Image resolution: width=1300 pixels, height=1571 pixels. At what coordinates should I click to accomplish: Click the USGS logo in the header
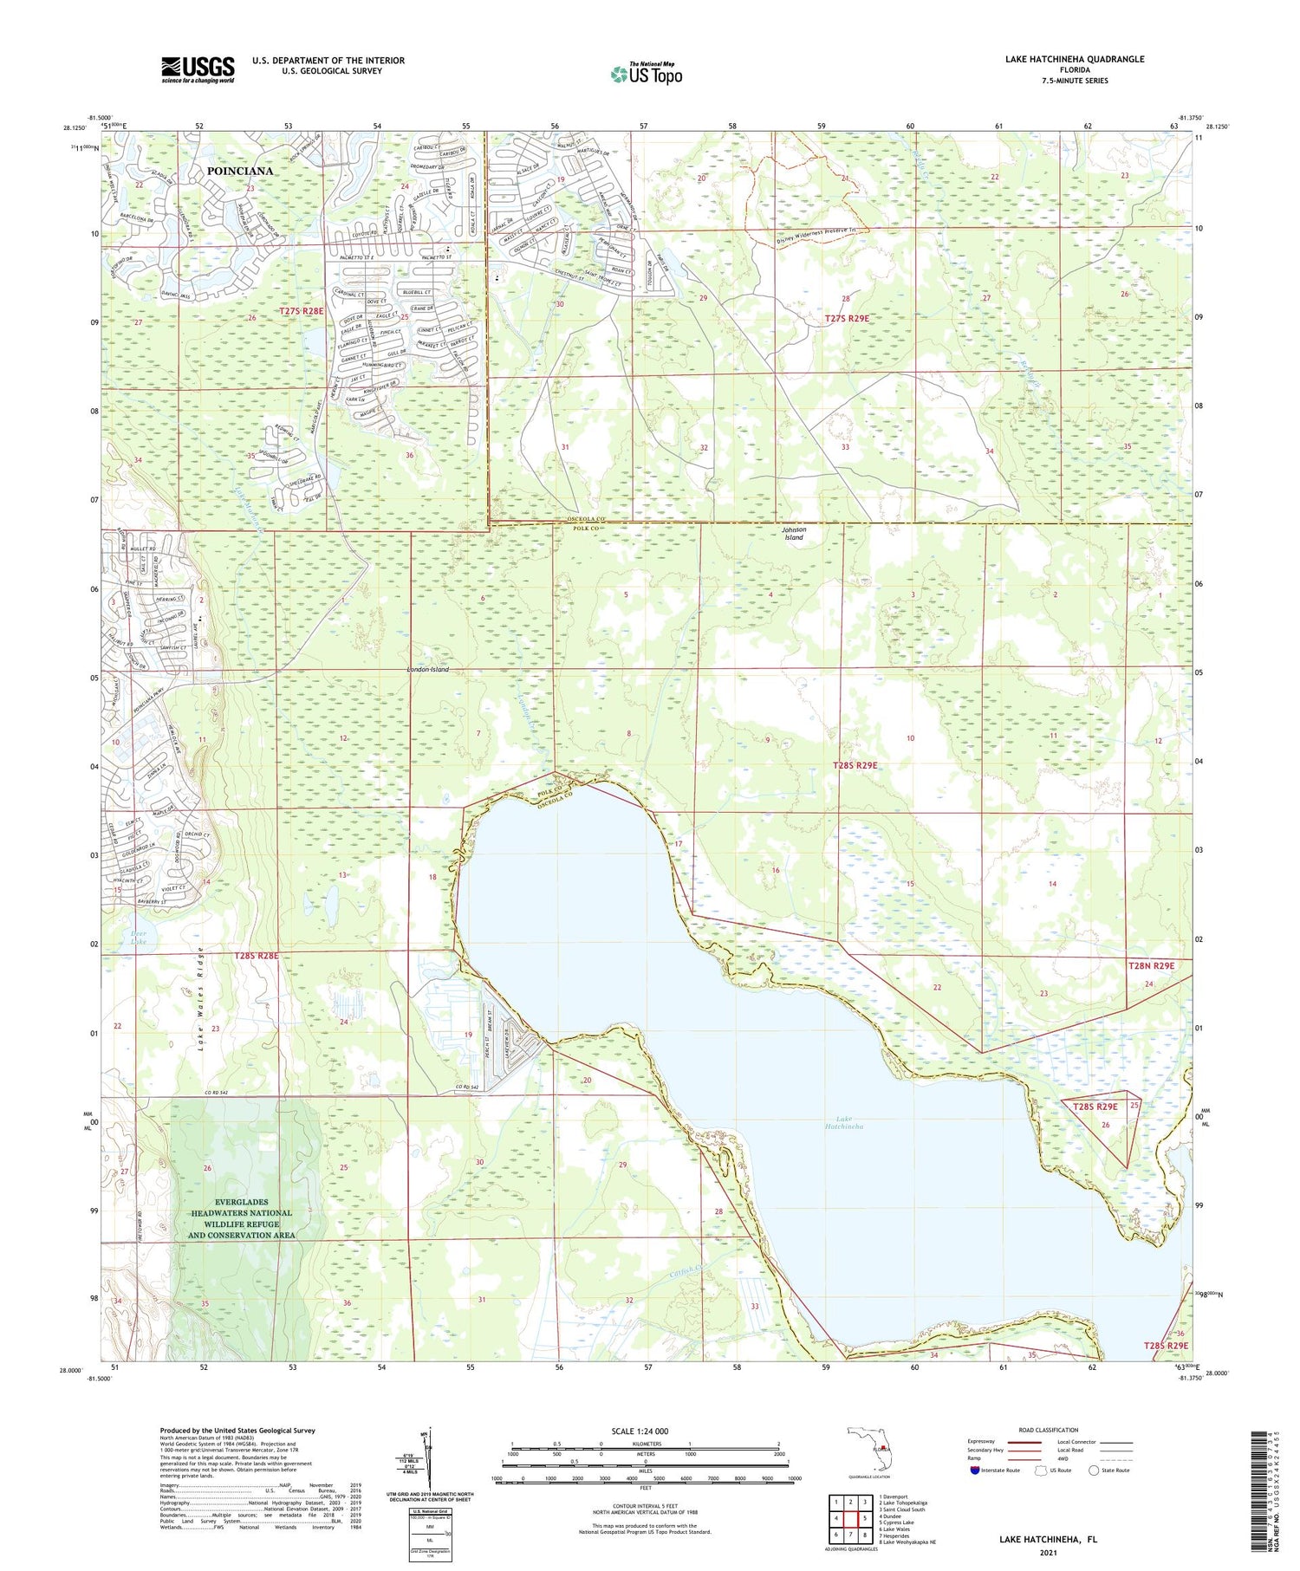click(x=198, y=69)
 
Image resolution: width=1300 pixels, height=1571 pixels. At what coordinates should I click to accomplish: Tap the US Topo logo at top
click(x=647, y=75)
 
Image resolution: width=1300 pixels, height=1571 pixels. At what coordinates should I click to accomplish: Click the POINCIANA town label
click(x=240, y=171)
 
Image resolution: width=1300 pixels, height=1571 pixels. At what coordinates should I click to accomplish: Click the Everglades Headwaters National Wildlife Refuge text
click(x=242, y=1224)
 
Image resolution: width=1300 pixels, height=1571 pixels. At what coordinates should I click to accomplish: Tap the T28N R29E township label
click(x=1151, y=965)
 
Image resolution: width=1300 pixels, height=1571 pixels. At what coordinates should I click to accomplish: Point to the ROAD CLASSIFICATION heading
click(x=1049, y=1430)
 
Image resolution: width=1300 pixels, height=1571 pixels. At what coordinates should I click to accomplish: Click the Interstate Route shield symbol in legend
click(x=974, y=1470)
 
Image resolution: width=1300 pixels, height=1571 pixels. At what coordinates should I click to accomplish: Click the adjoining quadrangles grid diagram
click(x=850, y=1517)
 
